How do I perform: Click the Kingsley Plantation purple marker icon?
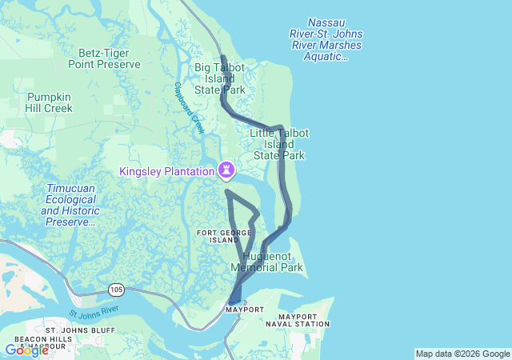(228, 170)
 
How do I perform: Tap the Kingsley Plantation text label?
(167, 171)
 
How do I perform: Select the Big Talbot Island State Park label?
(219, 78)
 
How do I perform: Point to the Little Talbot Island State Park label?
(278, 144)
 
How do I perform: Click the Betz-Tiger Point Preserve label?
(104, 58)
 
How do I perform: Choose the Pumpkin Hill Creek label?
(49, 102)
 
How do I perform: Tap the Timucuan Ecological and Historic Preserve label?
(71, 205)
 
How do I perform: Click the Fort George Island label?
(218, 235)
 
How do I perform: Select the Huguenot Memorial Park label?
(266, 262)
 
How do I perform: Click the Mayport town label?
(244, 309)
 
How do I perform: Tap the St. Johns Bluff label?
(80, 330)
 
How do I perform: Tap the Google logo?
(26, 350)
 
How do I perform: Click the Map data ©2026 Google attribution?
(462, 354)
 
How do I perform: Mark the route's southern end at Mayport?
(233, 300)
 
